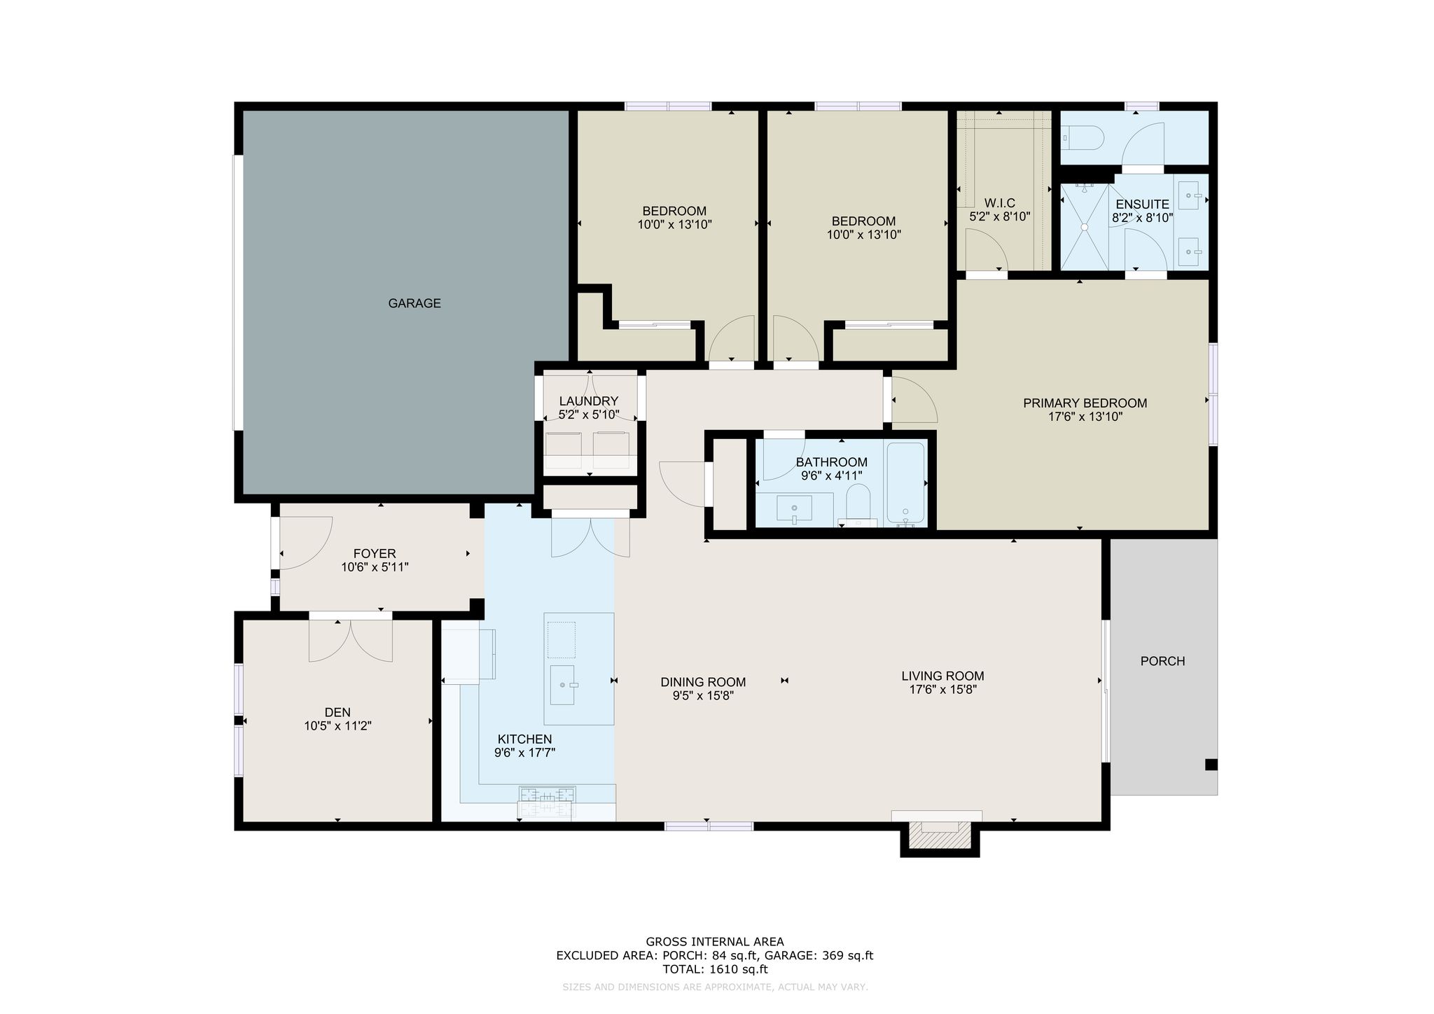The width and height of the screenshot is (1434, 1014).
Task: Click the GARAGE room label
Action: [x=415, y=303]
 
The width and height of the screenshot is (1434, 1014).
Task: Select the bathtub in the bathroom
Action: [x=906, y=484]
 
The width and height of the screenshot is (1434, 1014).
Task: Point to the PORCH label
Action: [x=1162, y=661]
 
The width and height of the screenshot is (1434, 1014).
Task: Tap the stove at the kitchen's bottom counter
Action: [x=547, y=803]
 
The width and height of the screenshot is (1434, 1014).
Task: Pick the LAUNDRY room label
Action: [x=589, y=401]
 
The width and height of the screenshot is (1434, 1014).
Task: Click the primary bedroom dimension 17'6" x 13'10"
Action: [x=1085, y=417]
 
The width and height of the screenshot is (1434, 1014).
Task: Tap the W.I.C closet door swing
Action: [x=987, y=251]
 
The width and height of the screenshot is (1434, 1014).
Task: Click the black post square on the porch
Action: [x=1211, y=765]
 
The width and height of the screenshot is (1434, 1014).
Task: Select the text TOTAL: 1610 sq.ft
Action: [x=715, y=969]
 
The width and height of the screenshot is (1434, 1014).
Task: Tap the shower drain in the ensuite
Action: [x=1085, y=227]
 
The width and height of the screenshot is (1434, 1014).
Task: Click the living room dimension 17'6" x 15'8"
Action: [x=942, y=689]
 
